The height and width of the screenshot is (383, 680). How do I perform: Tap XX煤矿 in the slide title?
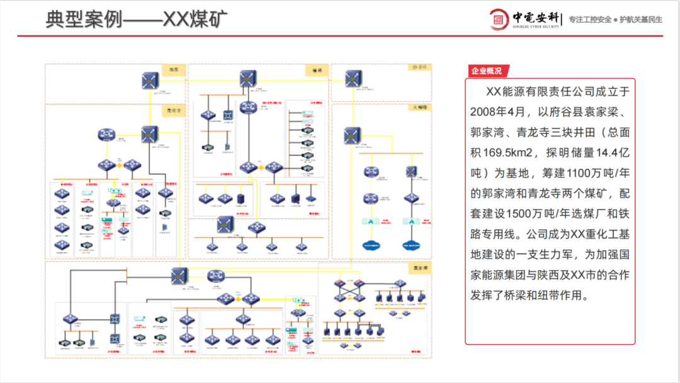pos(195,19)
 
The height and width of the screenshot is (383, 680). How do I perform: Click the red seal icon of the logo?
pos(499,19)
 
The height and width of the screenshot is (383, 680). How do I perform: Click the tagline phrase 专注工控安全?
pos(590,20)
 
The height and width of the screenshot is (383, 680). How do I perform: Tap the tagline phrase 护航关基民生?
pos(641,20)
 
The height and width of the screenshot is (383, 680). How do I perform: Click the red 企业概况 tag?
pos(487,71)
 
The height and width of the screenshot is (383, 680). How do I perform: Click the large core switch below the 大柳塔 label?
pos(351,135)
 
